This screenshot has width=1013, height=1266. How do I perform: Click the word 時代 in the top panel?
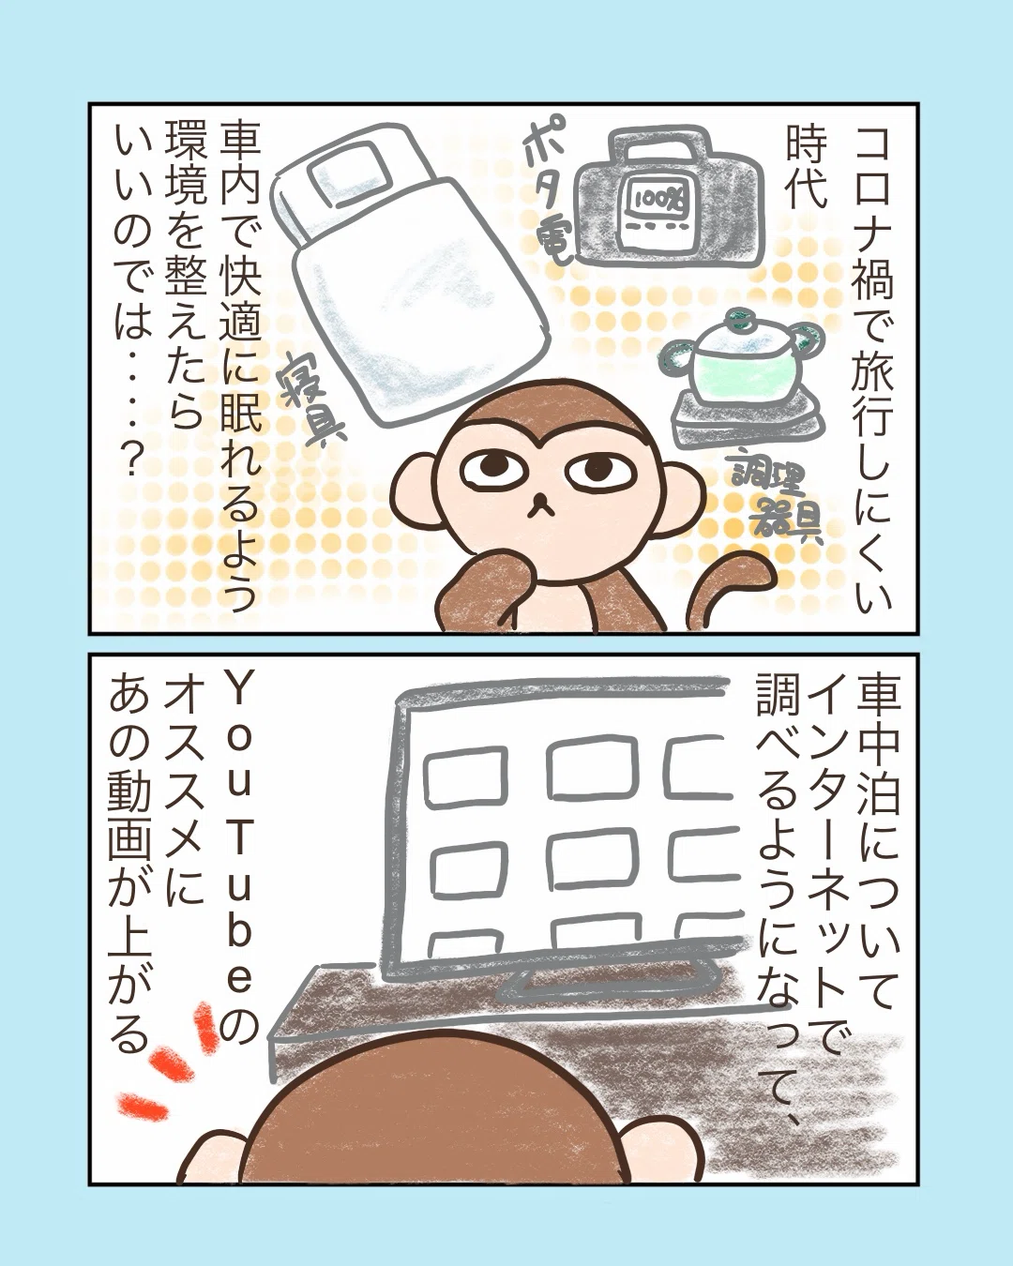(802, 169)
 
